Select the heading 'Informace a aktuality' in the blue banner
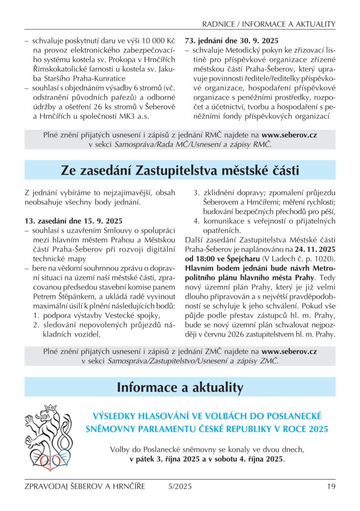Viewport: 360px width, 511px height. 180,387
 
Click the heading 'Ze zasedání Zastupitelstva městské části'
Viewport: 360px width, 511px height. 180,171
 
